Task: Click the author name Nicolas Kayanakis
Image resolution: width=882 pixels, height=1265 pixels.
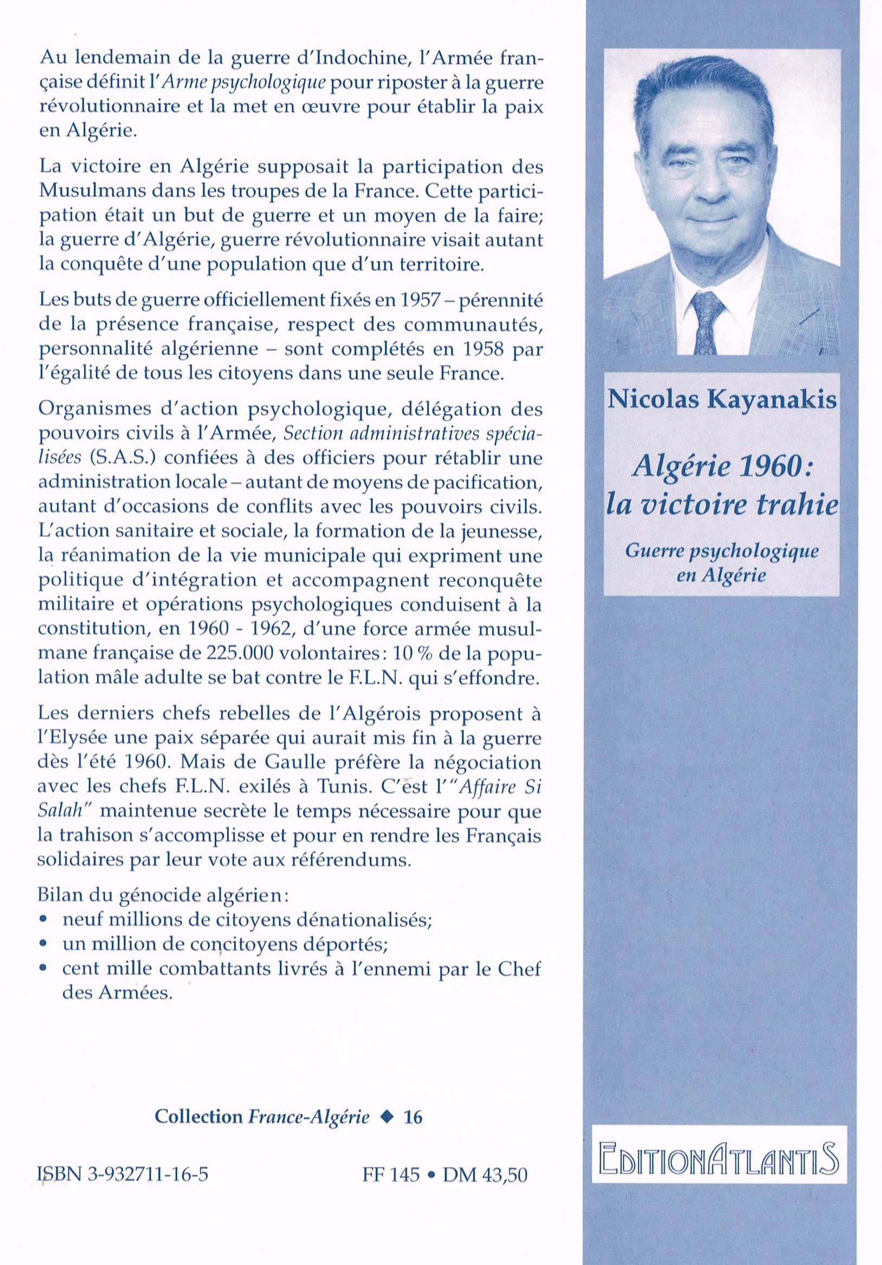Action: pos(722,399)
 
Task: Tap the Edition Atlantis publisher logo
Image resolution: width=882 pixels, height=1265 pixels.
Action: pos(719,1159)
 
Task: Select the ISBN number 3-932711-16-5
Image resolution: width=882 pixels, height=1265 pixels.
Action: pos(123,1174)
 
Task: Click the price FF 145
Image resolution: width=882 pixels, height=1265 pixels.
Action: pos(391,1175)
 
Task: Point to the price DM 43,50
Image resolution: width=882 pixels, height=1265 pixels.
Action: pos(485,1175)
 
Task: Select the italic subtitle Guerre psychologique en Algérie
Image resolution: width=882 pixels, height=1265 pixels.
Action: pos(722,563)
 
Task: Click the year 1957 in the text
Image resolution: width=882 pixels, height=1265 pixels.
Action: pos(420,300)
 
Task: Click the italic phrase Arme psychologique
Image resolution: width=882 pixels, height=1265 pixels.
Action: pos(244,83)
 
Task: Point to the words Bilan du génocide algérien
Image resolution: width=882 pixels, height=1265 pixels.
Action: pos(163,896)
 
